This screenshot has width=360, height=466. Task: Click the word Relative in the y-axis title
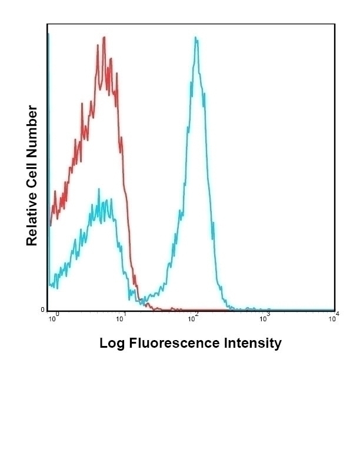click(x=32, y=215)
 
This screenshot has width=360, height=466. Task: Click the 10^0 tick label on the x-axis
click(x=53, y=318)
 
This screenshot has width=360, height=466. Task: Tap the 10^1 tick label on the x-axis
click(x=121, y=318)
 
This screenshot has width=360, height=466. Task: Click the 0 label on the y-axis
click(x=42, y=310)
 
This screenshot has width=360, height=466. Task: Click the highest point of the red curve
click(x=104, y=37)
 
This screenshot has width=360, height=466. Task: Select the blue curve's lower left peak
click(x=99, y=189)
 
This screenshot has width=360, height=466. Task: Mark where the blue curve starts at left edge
click(x=49, y=285)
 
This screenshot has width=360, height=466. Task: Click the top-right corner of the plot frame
click(x=335, y=24)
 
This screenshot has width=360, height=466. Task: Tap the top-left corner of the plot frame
click(x=48, y=24)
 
